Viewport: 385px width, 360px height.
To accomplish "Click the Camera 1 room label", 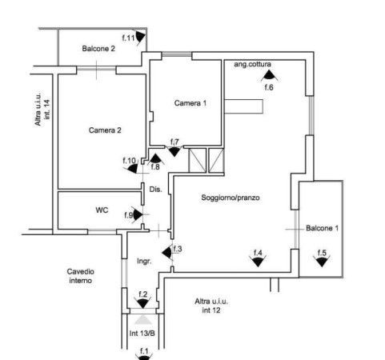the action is pos(190,103).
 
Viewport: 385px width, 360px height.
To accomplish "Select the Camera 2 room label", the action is pos(105,130).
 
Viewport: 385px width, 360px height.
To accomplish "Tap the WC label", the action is pos(102,210).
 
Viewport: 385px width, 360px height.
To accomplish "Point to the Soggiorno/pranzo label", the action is pos(231,198).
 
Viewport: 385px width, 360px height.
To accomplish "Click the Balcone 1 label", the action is pos(322,228).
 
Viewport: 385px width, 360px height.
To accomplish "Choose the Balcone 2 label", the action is pos(98,49).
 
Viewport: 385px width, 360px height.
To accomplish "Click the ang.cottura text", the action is pos(252,64).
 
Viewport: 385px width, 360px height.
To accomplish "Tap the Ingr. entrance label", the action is pos(144,261).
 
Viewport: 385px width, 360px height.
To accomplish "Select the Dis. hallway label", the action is pos(155,190).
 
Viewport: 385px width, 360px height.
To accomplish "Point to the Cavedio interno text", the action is pos(80,276).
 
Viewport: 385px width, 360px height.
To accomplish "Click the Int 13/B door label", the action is pos(142,334).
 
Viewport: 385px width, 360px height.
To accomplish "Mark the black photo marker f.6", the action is pos(269,75).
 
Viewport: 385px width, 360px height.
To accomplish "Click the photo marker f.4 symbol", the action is pos(258,261).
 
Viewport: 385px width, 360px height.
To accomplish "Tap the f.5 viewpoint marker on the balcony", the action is pos(322,261).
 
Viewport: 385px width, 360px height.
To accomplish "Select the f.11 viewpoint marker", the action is pos(141,38).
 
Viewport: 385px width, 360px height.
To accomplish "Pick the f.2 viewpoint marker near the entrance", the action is pos(143,303).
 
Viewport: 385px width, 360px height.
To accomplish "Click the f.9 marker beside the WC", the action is pos(138,215).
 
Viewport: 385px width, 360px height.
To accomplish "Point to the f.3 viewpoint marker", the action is pos(167,253).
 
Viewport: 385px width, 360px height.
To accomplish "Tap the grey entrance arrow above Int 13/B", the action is pos(143,319).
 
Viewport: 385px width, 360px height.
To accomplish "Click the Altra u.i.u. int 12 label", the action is pos(211,306).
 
